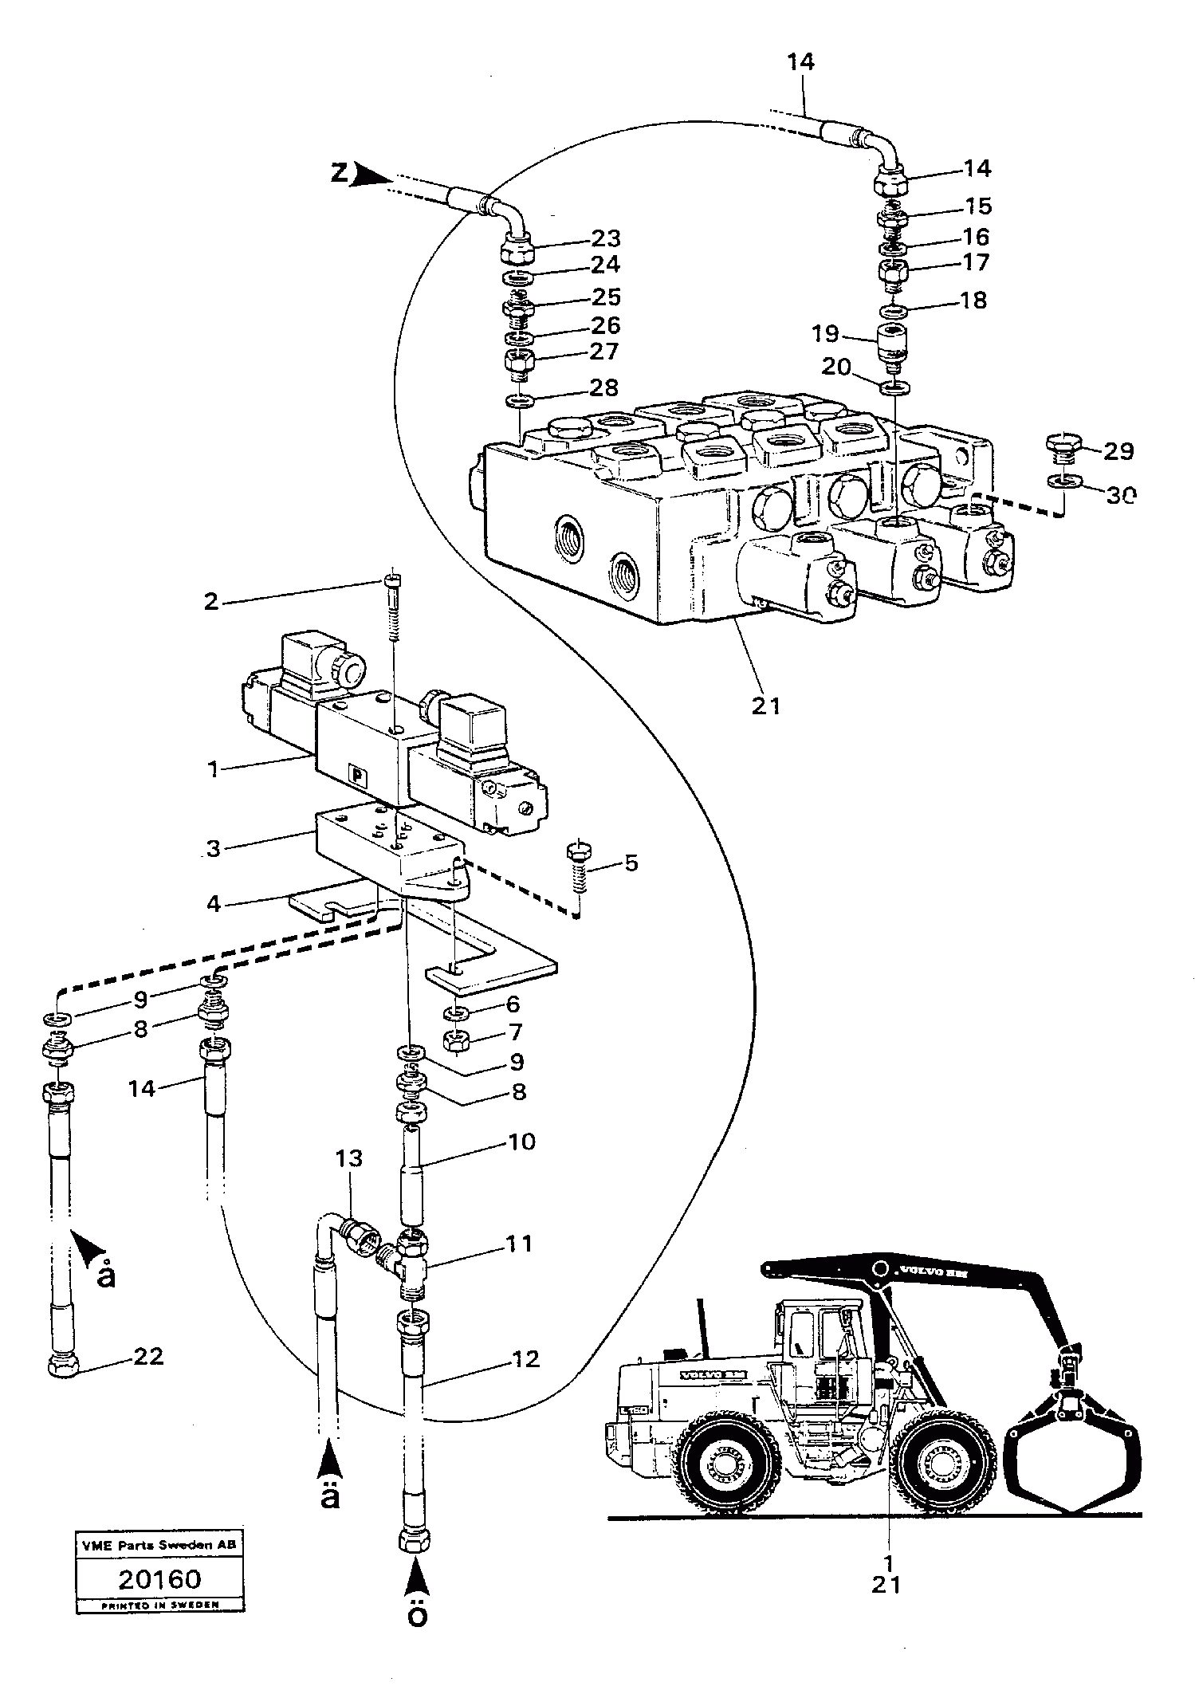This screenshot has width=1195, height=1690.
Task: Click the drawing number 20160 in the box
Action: (x=159, y=1579)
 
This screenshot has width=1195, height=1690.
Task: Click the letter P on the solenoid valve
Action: (x=355, y=774)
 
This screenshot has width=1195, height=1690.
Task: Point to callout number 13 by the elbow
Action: (x=348, y=1157)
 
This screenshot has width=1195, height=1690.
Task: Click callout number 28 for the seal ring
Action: (x=602, y=387)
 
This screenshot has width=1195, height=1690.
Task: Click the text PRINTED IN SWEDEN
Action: (x=159, y=1605)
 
